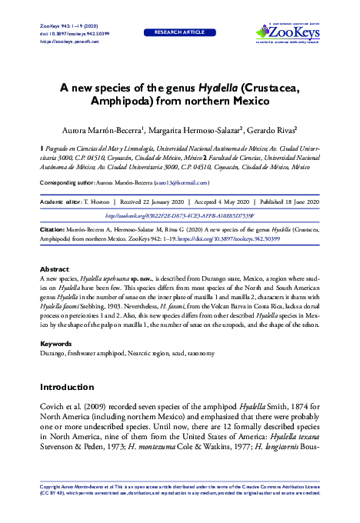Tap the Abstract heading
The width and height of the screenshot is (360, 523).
(54, 269)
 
